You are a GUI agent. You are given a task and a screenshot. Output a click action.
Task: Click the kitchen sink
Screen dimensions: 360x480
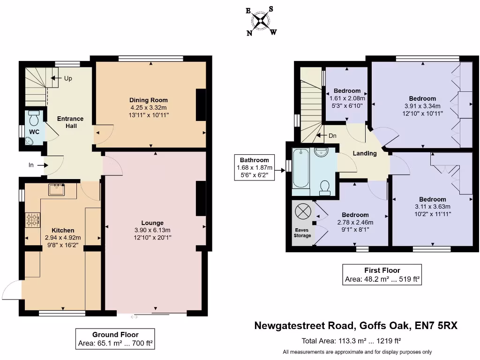[59, 190]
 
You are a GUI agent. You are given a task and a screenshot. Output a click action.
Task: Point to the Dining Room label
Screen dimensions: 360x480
[149, 100]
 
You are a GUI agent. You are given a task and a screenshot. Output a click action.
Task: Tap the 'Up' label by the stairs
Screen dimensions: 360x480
[68, 78]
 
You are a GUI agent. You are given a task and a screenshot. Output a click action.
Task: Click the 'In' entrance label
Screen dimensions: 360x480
[31, 165]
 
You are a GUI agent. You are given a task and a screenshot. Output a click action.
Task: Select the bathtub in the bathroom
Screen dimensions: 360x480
[300, 172]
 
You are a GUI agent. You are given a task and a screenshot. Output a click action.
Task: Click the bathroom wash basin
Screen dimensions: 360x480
[321, 153]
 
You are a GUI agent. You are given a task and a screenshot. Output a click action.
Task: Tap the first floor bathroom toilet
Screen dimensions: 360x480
[324, 188]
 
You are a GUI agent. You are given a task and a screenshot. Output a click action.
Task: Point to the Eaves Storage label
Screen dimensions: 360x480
[302, 232]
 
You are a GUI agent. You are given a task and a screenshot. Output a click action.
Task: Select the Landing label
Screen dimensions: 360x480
[365, 153]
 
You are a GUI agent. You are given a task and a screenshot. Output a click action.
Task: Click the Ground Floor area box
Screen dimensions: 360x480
[115, 338]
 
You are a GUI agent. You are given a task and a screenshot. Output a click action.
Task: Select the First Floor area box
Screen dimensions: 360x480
[382, 274]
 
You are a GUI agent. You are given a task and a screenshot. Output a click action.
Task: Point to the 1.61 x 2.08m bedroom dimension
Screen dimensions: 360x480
[347, 98]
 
